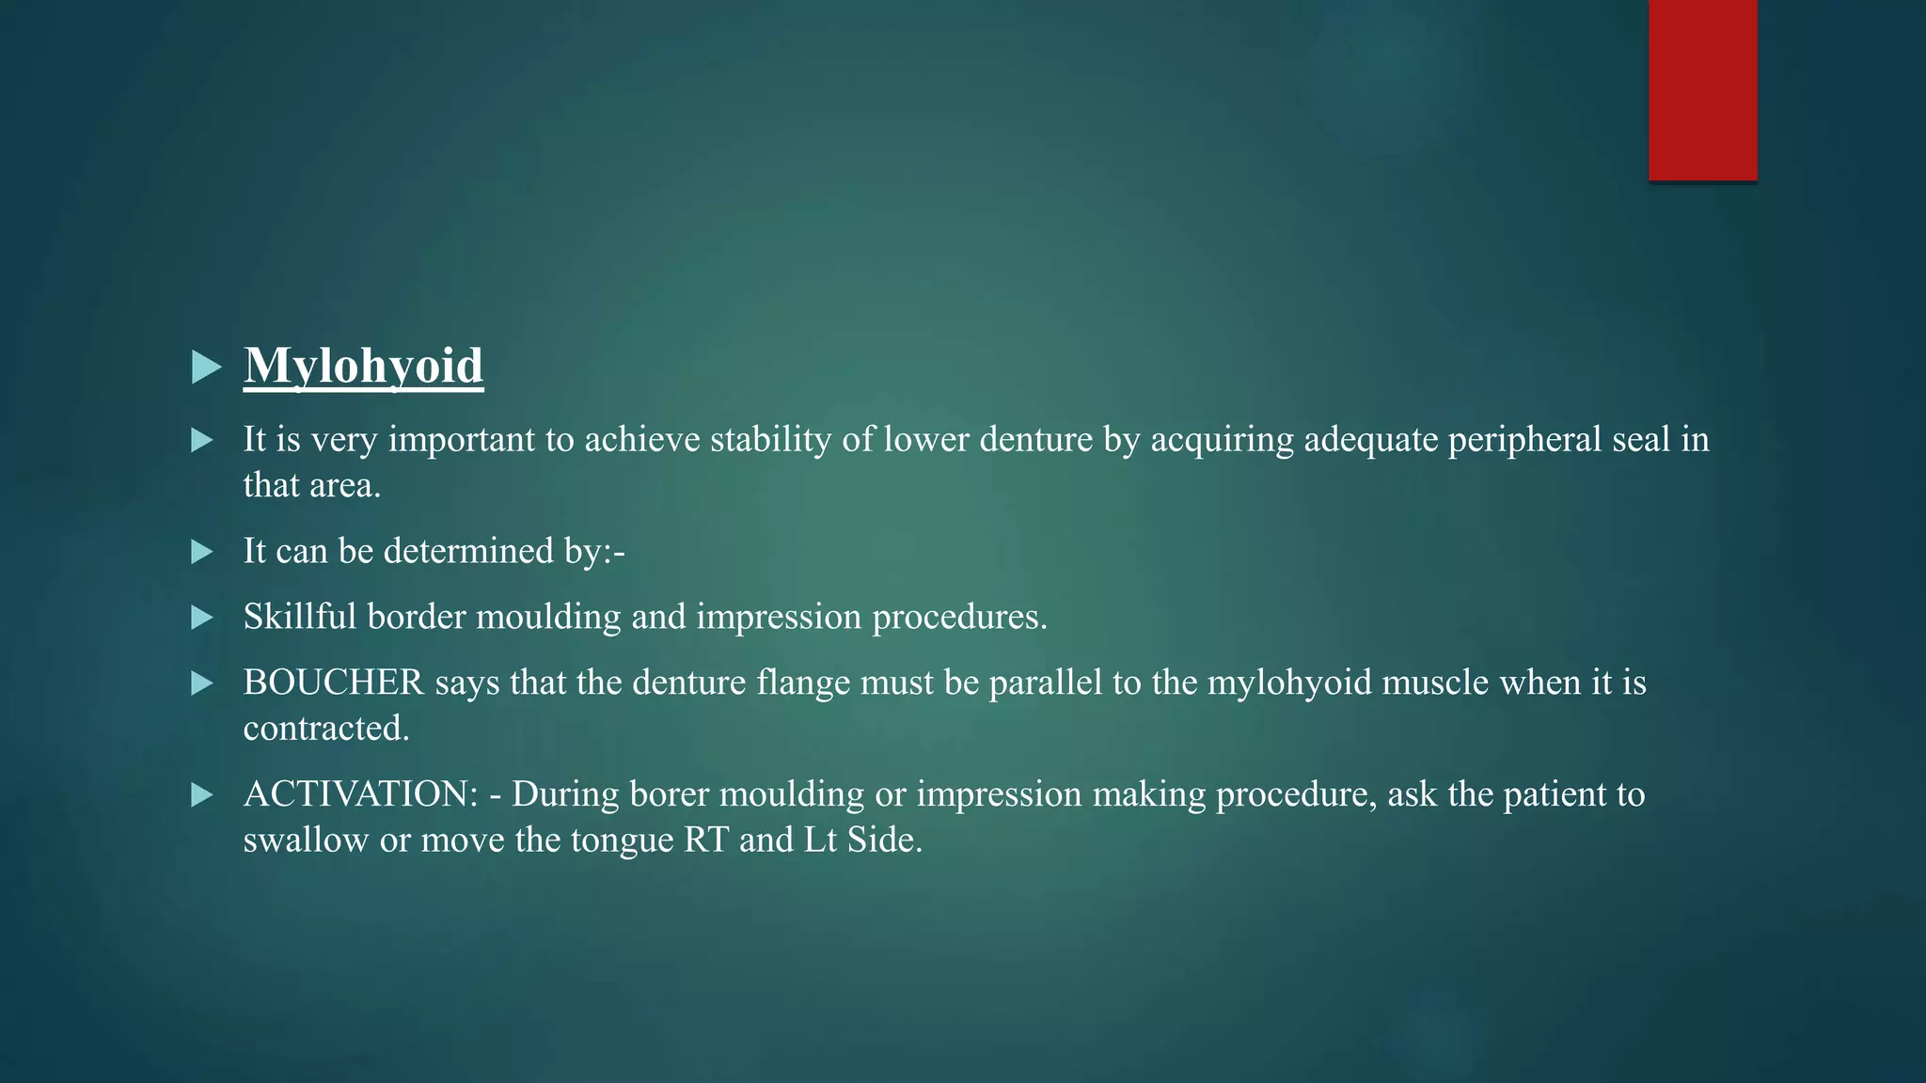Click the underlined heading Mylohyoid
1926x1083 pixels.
(363, 366)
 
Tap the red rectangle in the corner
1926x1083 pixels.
(1702, 89)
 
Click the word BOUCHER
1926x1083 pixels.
(333, 683)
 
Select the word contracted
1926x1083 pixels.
(325, 729)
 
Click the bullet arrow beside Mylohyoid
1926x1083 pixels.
(205, 367)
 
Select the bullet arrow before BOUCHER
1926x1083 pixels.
(201, 683)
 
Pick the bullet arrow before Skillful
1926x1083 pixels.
(201, 618)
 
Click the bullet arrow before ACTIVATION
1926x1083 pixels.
(201, 795)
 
